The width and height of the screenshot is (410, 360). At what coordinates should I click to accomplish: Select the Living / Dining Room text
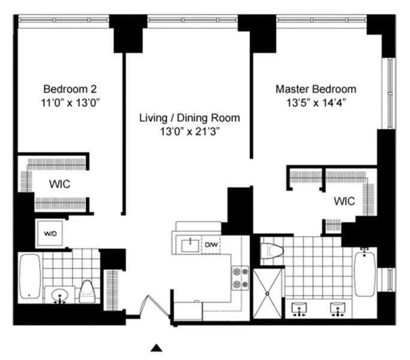189,118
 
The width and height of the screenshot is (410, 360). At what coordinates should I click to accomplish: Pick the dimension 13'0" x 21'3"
189,131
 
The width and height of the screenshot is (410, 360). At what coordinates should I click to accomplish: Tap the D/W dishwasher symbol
211,245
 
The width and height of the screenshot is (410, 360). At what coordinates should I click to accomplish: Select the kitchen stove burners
240,278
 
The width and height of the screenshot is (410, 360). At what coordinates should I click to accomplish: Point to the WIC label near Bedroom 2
59,184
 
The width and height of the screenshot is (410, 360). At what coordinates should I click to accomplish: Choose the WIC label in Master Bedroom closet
345,200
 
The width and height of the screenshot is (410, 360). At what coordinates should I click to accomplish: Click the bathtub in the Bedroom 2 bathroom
29,276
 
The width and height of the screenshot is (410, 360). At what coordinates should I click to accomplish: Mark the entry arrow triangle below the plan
156,347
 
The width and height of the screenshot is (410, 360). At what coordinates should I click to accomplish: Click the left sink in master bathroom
300,308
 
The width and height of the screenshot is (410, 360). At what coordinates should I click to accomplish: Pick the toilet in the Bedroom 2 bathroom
88,292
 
